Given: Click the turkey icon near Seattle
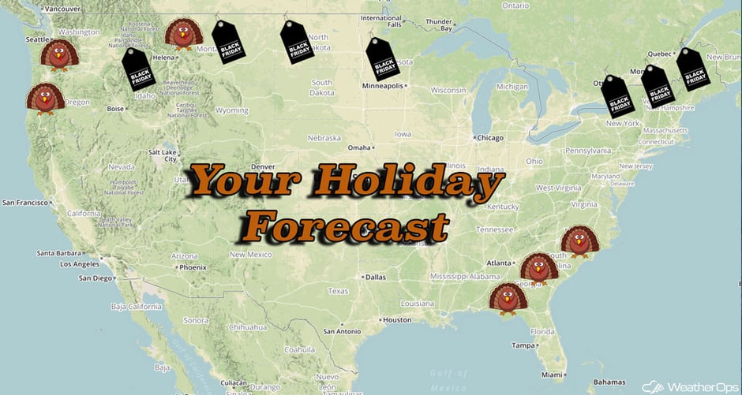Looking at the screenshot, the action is pyautogui.click(x=60, y=54).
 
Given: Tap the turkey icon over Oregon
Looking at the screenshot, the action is pyautogui.click(x=45, y=99).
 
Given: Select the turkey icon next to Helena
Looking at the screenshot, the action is pyautogui.click(x=183, y=34).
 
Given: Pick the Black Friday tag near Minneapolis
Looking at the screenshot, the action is pyautogui.click(x=384, y=60).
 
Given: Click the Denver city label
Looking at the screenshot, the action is pyautogui.click(x=261, y=167).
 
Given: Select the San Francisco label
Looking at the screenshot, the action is pyautogui.click(x=27, y=203).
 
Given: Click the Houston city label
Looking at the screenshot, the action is pyautogui.click(x=397, y=319).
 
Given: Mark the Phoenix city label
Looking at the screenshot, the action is pyautogui.click(x=192, y=267).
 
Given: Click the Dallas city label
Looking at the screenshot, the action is pyautogui.click(x=376, y=277).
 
